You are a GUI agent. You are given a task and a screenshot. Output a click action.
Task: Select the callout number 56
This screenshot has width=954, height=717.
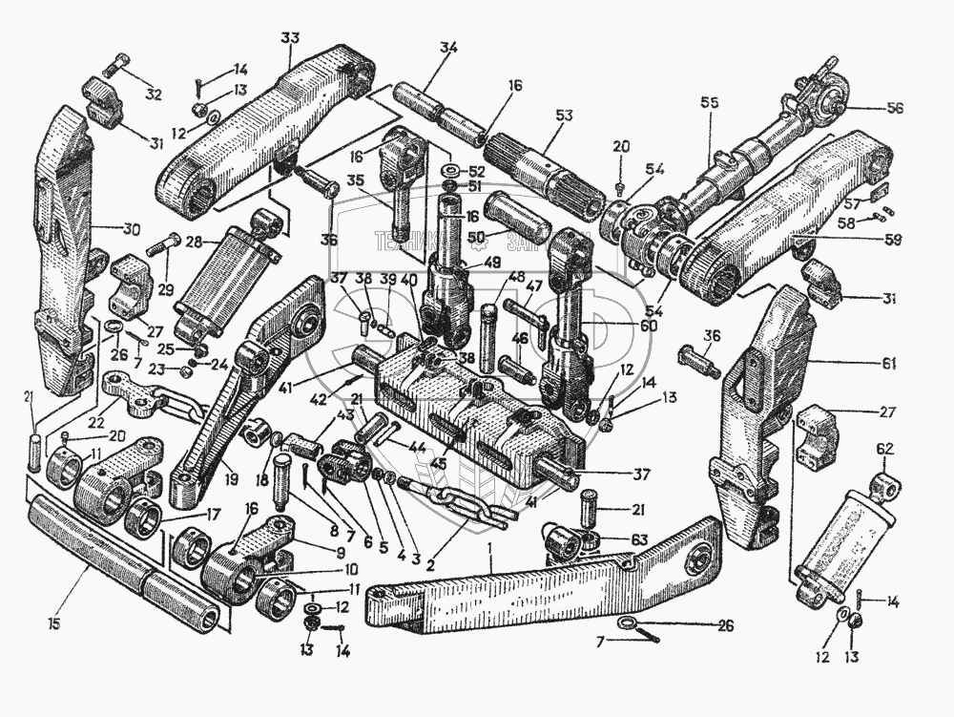[894, 108]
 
